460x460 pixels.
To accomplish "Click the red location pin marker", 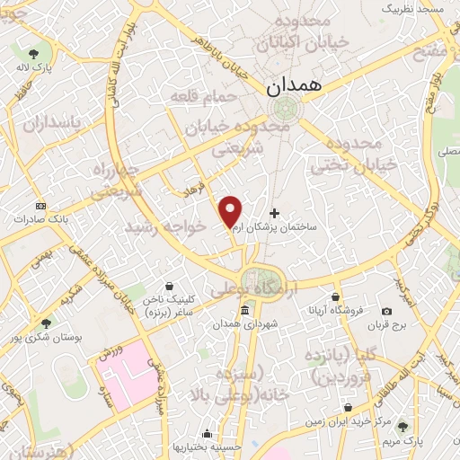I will [x=231, y=211].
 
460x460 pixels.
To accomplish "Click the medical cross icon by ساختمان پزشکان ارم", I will [x=274, y=214].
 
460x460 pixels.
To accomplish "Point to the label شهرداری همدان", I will [x=244, y=324].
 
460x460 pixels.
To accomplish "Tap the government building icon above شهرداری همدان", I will [x=244, y=310].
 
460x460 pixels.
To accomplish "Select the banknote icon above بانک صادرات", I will [x=40, y=205].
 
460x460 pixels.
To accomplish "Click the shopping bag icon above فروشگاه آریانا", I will [x=336, y=296].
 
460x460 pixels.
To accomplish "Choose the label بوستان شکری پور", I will [x=46, y=337].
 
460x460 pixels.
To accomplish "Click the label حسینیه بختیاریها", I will [x=208, y=447].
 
